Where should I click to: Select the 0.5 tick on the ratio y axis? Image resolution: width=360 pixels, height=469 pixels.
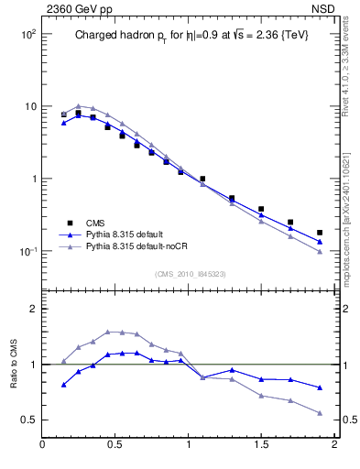point(27,420)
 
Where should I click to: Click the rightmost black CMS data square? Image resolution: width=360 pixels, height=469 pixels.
point(320,233)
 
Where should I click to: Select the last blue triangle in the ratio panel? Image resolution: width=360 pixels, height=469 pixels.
point(320,387)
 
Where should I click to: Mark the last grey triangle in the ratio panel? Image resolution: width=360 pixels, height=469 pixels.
point(320,413)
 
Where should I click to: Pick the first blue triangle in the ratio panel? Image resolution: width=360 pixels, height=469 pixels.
point(63,385)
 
